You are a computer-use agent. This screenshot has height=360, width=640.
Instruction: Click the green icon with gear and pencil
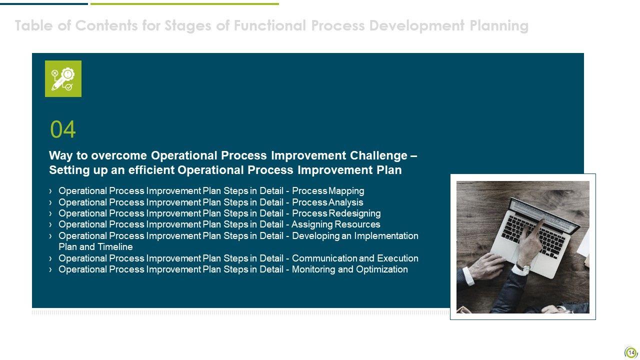coord(63,78)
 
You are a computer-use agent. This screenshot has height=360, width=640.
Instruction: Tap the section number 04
coord(63,129)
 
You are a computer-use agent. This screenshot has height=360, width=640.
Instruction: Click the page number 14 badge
coord(631,353)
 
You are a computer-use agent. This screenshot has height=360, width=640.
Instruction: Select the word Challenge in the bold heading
coord(378,156)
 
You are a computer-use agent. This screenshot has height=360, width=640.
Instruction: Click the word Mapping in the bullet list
coord(346,191)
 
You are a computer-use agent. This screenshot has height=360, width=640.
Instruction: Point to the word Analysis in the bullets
coord(346,202)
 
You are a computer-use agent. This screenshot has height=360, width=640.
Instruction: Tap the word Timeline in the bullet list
coord(115,247)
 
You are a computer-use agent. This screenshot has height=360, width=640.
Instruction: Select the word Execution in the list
coord(397,258)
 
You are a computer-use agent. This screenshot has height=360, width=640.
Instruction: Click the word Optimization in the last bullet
coord(382,269)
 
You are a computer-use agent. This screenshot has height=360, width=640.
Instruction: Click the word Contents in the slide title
coord(106,25)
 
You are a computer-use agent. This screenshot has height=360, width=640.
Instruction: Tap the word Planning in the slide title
coord(499,26)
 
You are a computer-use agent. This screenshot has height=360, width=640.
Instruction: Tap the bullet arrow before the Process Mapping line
coord(50,191)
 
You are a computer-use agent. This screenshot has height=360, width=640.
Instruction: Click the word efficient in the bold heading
coord(151,170)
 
